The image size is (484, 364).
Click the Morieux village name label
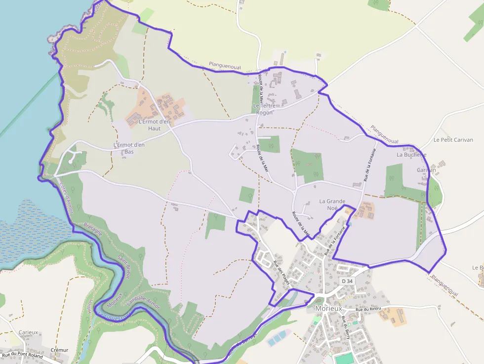tap(328, 309)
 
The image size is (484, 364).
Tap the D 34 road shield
tap(347, 281)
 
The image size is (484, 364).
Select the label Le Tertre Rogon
tap(263, 109)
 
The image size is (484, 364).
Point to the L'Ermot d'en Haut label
tap(154, 125)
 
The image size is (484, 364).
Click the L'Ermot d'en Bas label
tap(129, 148)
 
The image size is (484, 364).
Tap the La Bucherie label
tap(411, 155)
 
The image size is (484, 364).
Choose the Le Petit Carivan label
tap(453, 140)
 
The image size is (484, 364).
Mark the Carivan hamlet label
tap(426, 170)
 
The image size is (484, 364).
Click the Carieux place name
tap(28, 332)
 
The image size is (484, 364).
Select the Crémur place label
tap(59, 350)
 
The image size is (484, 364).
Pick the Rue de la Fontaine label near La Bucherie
tap(370, 164)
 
